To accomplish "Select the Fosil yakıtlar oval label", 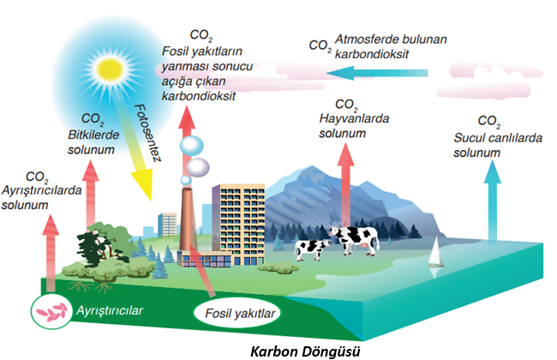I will [x=234, y=314].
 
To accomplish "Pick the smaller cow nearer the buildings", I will [x=311, y=249].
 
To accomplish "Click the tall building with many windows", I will [x=235, y=219].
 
